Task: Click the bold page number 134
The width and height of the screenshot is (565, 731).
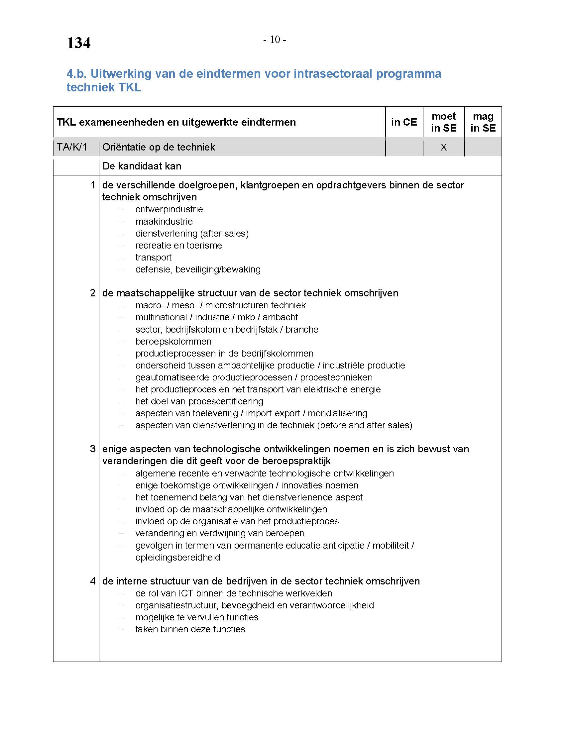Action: [79, 43]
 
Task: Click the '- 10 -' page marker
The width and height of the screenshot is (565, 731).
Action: [275, 40]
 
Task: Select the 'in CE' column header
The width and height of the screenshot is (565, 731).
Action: [404, 122]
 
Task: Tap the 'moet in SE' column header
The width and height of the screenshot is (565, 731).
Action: [443, 122]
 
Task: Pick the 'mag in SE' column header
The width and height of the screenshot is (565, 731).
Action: [483, 122]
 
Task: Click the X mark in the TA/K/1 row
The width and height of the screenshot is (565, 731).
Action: [443, 147]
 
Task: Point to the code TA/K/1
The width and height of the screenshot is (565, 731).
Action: [72, 147]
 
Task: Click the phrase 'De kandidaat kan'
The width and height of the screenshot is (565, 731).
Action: [142, 166]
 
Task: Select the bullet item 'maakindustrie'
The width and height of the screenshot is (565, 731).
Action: [164, 222]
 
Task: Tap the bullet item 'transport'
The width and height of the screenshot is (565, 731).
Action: [153, 258]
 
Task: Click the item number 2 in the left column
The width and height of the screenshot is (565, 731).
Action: [93, 293]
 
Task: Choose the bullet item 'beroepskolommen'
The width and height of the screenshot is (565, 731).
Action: [173, 341]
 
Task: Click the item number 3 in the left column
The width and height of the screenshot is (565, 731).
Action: [93, 449]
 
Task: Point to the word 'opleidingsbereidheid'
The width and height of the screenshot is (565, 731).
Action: [178, 557]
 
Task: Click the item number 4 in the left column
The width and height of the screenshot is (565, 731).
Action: [93, 581]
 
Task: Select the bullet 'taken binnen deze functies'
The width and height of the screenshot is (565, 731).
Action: [190, 629]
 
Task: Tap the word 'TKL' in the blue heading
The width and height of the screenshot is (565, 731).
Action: [128, 87]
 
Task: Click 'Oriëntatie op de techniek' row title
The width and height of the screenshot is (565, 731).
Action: [159, 147]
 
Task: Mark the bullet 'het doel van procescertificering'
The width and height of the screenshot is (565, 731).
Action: [199, 401]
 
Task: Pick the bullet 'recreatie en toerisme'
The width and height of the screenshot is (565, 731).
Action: [179, 245]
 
